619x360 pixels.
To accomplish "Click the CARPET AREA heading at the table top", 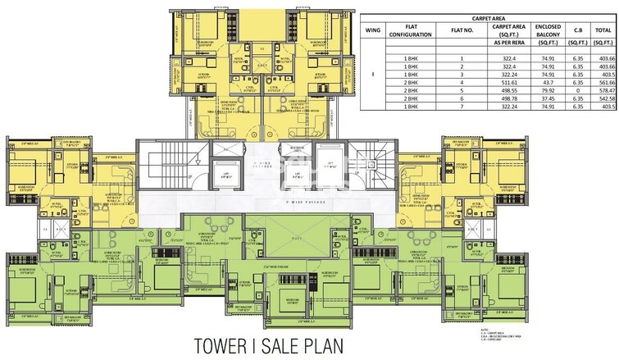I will [x=488, y=16].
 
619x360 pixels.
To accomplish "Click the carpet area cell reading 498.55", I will [x=504, y=90].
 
